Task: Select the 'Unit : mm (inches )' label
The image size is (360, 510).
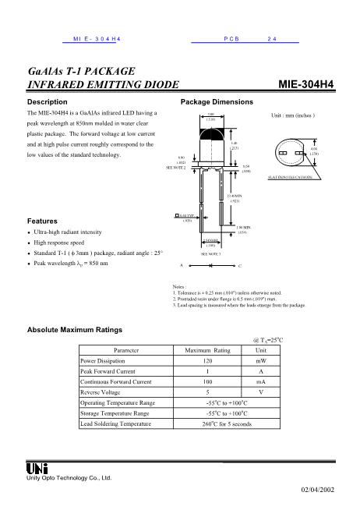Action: coord(292,115)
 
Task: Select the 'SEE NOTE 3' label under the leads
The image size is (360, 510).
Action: coord(213,253)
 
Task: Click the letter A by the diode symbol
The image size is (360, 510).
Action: coord(181,265)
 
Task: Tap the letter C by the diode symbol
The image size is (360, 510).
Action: coord(239,265)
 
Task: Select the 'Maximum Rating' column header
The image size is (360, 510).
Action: coord(208,351)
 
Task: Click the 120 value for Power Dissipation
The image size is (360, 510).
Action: coord(208,362)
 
